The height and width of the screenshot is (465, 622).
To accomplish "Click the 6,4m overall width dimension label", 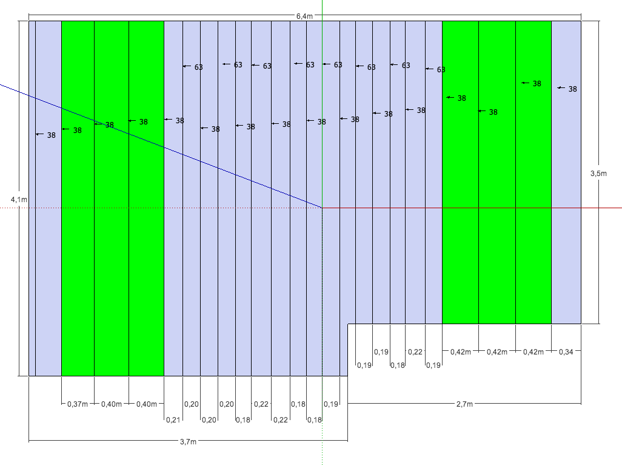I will [x=304, y=16].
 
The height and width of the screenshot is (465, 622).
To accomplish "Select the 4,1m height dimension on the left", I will [x=19, y=199].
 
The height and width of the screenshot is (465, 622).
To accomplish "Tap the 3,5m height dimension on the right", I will [x=598, y=174].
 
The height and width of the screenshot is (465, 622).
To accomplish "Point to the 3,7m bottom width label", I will [x=188, y=442].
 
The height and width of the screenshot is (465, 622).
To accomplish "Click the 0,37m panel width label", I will [x=78, y=404].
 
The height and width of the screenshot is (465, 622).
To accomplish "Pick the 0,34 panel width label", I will [x=566, y=351].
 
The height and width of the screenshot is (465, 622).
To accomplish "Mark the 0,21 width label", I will [x=173, y=419].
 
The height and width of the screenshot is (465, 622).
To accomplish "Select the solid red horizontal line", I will [x=473, y=208].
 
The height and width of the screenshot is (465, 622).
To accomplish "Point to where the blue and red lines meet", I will [x=322, y=208].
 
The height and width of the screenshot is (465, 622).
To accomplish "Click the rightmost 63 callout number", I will [x=441, y=70].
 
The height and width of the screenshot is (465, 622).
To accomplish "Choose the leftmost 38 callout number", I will [x=51, y=135].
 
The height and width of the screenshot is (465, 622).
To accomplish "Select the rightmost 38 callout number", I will [x=572, y=89].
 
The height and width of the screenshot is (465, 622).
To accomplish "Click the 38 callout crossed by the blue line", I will [x=109, y=125].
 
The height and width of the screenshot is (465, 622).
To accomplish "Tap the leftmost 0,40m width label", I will [x=112, y=404].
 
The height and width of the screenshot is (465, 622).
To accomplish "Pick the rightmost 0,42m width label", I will [x=533, y=351].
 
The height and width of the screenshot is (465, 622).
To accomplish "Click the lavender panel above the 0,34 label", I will [x=566, y=182].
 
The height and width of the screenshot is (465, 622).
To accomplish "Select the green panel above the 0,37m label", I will [x=78, y=243].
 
